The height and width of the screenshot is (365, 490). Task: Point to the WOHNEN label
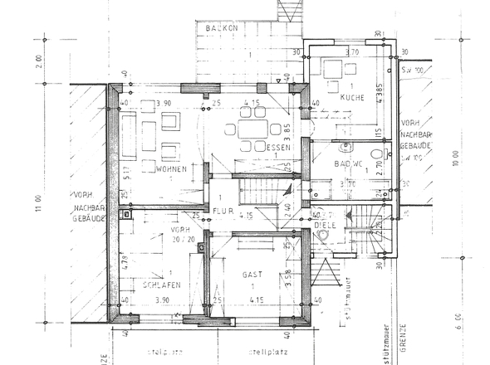point(169,169)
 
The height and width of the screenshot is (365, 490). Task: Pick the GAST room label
point(252,274)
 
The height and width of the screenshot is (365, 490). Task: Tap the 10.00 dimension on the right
point(455,157)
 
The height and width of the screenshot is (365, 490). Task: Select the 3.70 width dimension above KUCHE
point(350,52)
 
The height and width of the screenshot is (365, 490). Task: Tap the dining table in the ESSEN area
point(251,130)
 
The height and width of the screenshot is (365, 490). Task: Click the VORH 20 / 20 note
point(181,233)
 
